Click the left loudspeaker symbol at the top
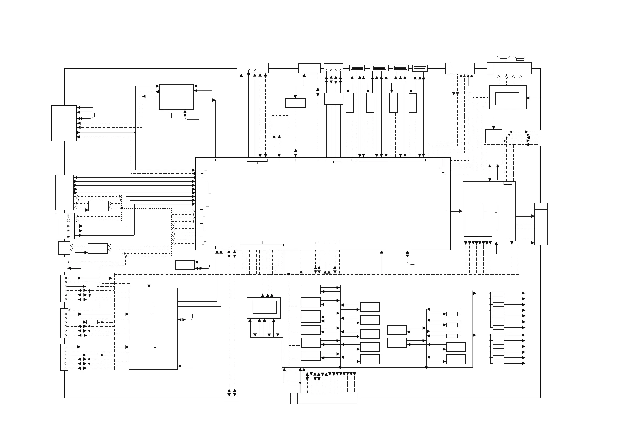[503, 58]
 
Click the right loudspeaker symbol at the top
[520, 58]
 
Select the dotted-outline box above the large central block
[279, 125]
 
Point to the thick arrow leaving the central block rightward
[456, 211]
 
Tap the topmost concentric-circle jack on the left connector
[68, 216]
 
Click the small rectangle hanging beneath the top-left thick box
[167, 115]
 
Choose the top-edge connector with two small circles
[253, 68]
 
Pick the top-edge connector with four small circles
[333, 68]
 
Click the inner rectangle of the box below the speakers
[507, 99]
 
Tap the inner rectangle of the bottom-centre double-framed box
[264, 307]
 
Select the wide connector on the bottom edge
[324, 398]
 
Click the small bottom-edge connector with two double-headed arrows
[231, 398]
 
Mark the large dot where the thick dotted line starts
[122, 208]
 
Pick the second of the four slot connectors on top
[379, 68]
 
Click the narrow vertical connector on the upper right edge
[540, 138]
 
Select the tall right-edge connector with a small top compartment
[541, 224]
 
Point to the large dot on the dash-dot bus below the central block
[289, 274]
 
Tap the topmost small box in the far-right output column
[498, 293]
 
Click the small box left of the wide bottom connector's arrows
[292, 383]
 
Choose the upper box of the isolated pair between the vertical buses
[397, 330]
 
